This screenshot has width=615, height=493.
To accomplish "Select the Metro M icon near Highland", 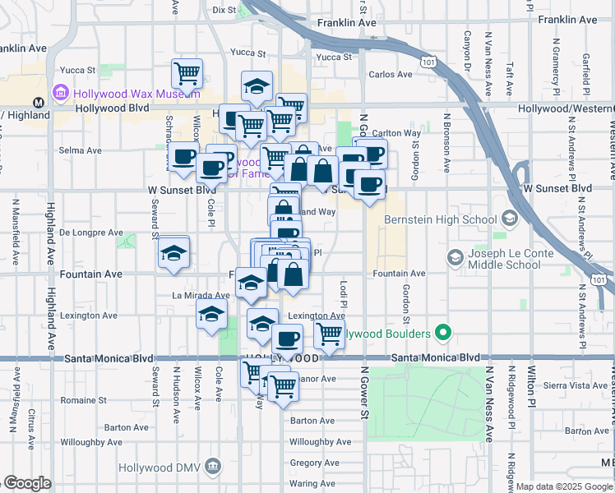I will [38, 103].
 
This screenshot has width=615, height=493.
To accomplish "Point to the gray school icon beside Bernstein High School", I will [510, 219].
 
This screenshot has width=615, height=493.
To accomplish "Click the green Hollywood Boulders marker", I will [444, 334].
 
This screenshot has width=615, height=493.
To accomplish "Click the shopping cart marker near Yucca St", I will [187, 73].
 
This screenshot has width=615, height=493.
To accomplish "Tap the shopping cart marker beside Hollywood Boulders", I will [329, 334].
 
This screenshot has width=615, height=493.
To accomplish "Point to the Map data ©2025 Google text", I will [565, 487].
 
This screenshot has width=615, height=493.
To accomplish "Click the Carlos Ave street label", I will [391, 74].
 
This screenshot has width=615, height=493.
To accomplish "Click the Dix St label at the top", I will [224, 11].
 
